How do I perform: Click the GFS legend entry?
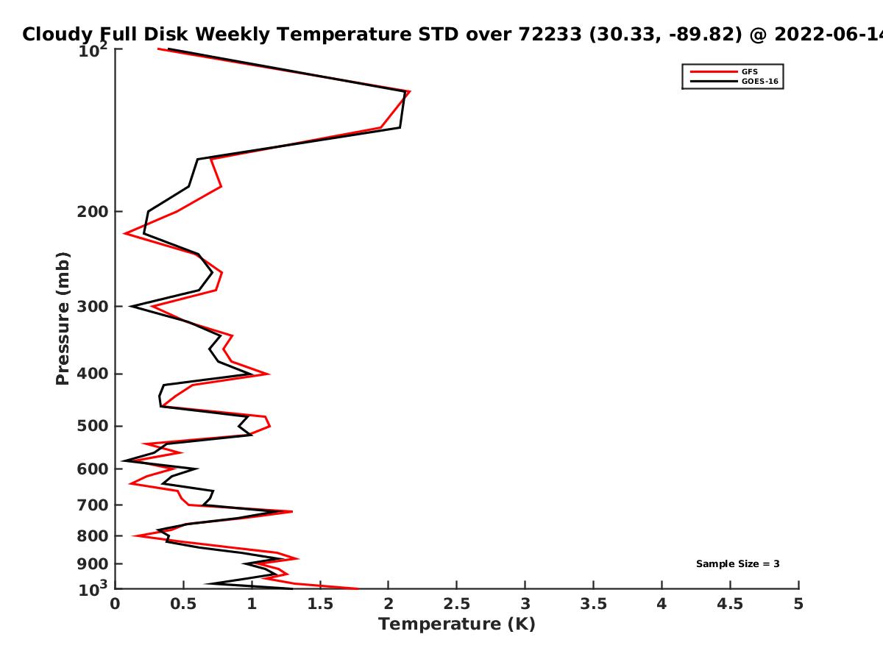pyautogui.click(x=750, y=71)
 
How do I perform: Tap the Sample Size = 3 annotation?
pyautogui.click(x=737, y=564)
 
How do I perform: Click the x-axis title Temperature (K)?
pyautogui.click(x=456, y=624)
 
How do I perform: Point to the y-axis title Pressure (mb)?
pyautogui.click(x=63, y=318)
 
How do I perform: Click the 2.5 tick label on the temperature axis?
pyautogui.click(x=456, y=604)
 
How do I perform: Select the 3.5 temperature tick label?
pyautogui.click(x=593, y=604)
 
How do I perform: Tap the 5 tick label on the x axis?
pyautogui.click(x=798, y=604)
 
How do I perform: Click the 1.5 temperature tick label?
pyautogui.click(x=320, y=604)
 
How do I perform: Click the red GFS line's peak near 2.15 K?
pyautogui.click(x=409, y=92)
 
